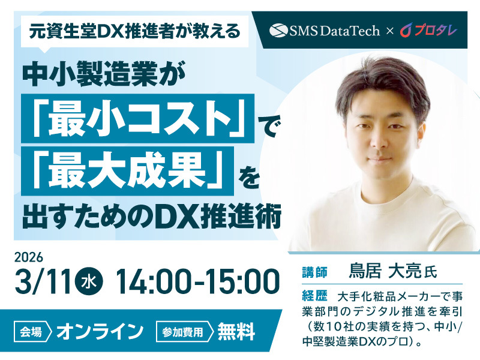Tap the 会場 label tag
[34, 331]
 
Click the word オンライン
[100, 331]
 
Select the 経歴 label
[313, 296]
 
